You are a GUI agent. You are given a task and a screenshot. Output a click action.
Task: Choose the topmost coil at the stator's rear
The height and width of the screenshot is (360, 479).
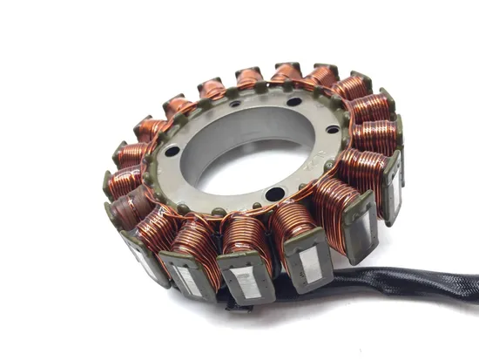287,74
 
